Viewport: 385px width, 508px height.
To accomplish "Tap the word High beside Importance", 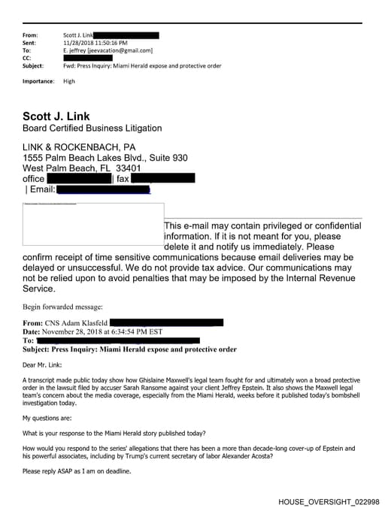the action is point(69,80).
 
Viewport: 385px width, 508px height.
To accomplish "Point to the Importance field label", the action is point(38,80).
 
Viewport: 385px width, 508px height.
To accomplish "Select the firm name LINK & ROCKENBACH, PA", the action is point(79,147).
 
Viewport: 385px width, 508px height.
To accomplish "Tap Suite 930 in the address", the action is point(168,158).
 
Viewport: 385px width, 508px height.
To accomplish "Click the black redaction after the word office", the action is point(79,179).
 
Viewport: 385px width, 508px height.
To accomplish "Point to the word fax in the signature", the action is point(123,179).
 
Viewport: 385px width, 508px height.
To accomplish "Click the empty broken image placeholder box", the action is point(92,223).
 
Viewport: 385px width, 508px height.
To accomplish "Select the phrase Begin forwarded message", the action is point(62,307).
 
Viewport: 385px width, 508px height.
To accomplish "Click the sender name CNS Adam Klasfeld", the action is point(80,323).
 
